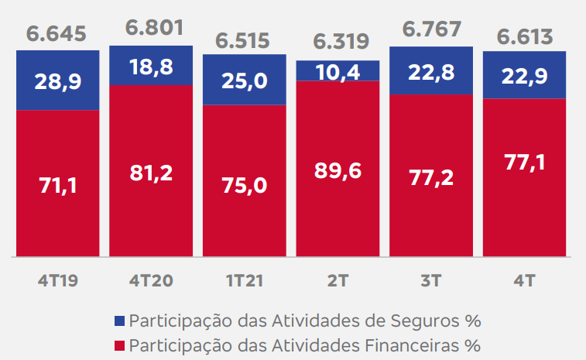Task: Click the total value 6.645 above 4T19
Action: pyautogui.click(x=57, y=34)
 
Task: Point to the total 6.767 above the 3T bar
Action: pyautogui.click(x=431, y=29)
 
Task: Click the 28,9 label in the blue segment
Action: pyautogui.click(x=57, y=81)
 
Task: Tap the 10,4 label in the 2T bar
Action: pyautogui.click(x=338, y=71)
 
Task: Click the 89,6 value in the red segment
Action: pyautogui.click(x=338, y=172)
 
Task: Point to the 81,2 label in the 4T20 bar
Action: pyautogui.click(x=151, y=173)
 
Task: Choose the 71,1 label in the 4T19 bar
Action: pyautogui.click(x=57, y=187)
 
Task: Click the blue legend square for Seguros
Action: pyautogui.click(x=118, y=321)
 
